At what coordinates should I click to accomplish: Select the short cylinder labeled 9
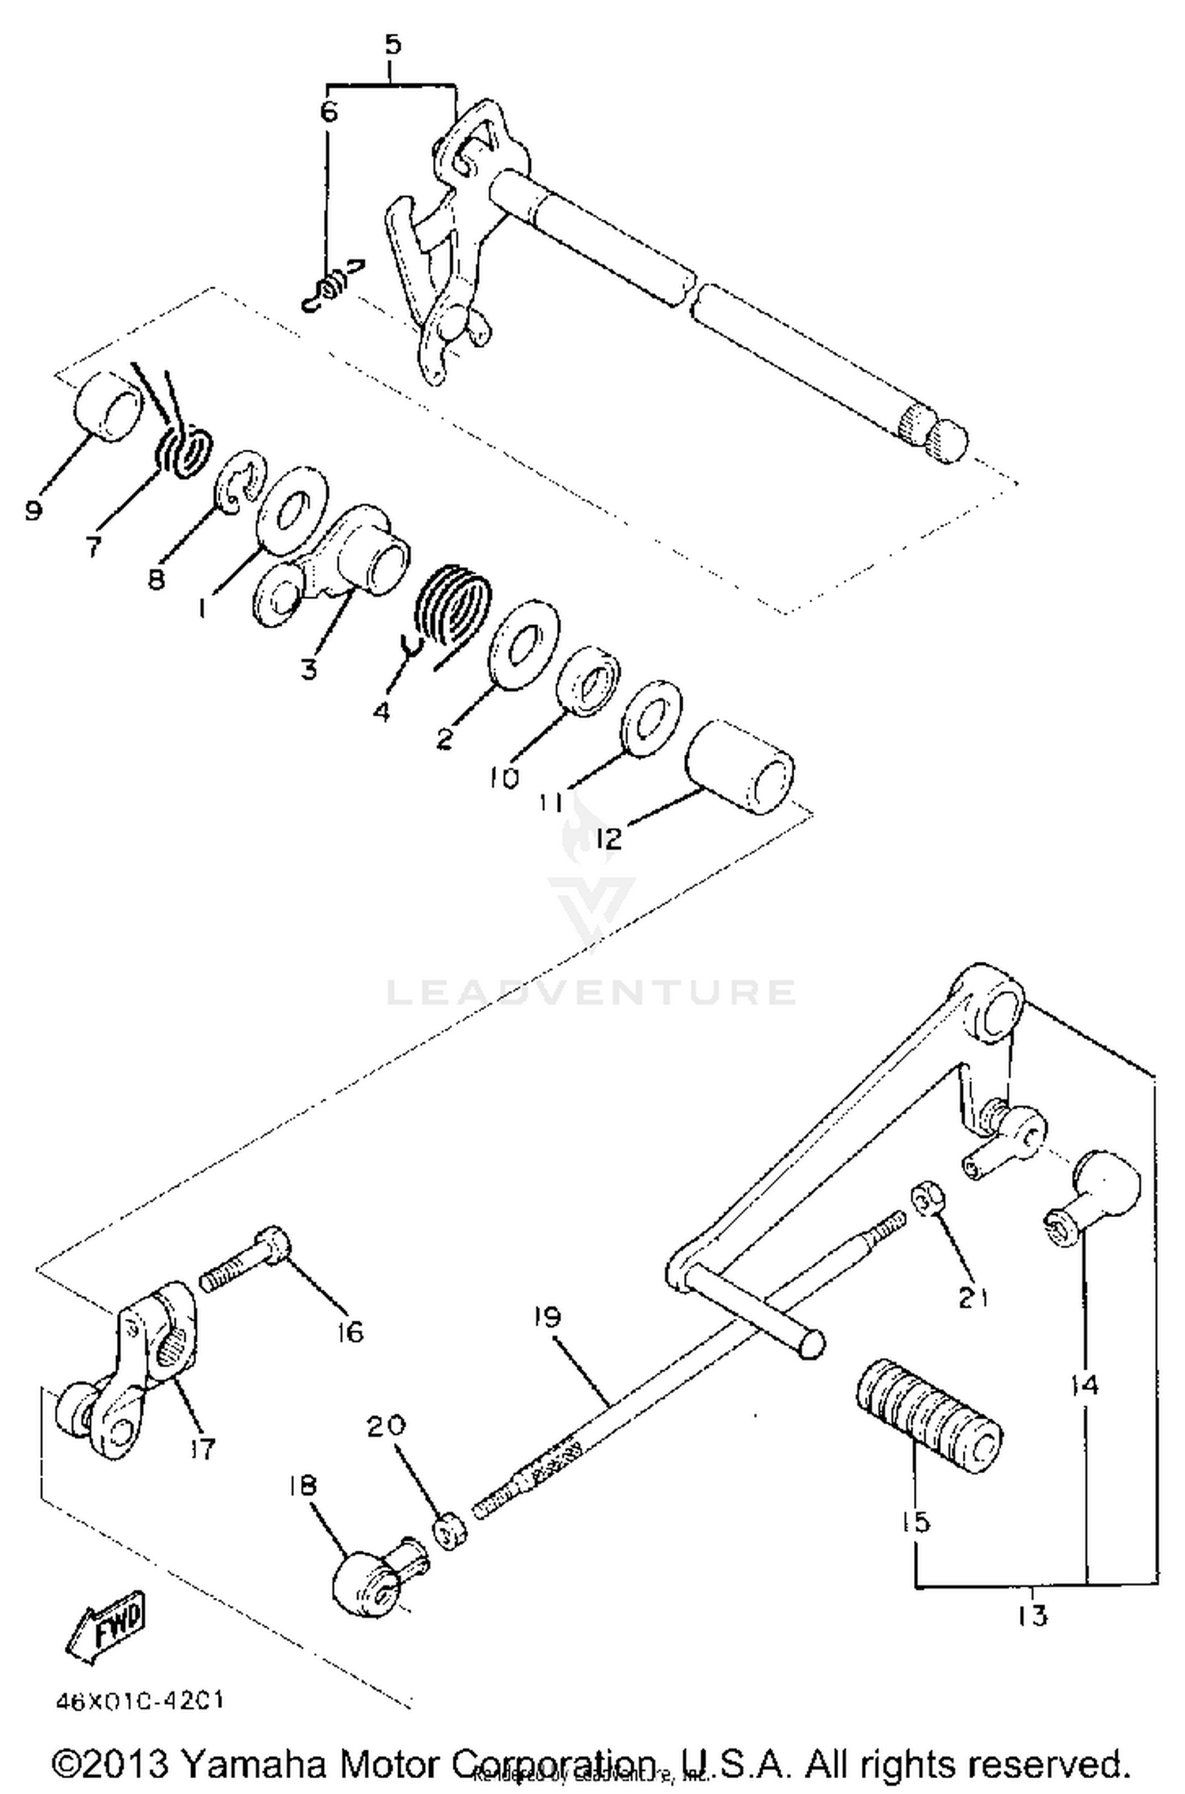109,403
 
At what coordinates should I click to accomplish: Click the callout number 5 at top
393,44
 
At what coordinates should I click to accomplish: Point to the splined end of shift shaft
932,433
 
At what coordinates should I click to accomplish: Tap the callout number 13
1033,1615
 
